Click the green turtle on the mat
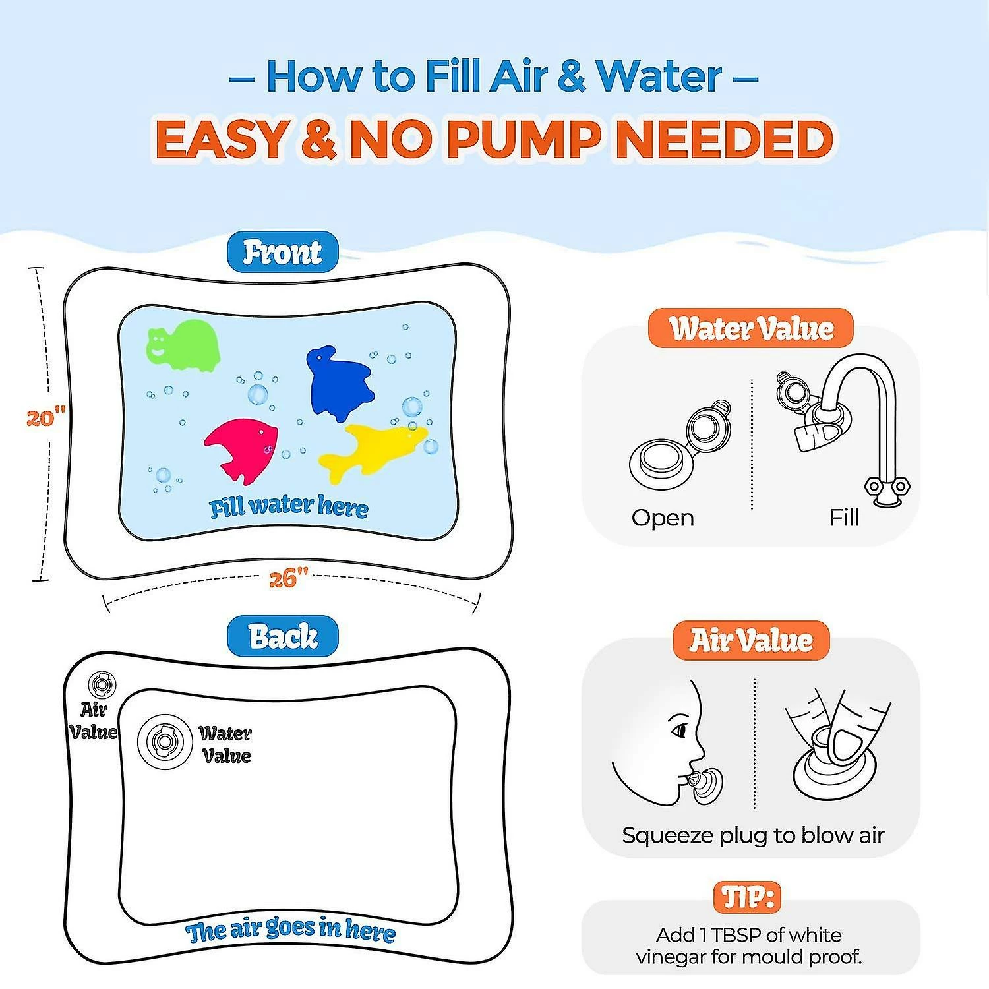click(183, 345)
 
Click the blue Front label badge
click(282, 252)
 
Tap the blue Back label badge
click(282, 636)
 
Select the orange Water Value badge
click(751, 328)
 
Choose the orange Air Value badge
click(751, 640)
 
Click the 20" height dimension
click(46, 418)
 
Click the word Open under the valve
click(663, 518)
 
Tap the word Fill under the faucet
click(844, 517)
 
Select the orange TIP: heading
click(748, 897)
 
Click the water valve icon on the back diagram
click(164, 741)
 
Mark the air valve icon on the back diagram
click(102, 685)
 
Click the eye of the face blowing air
click(678, 730)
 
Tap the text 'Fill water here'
click(289, 506)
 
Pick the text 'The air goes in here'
click(291, 930)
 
